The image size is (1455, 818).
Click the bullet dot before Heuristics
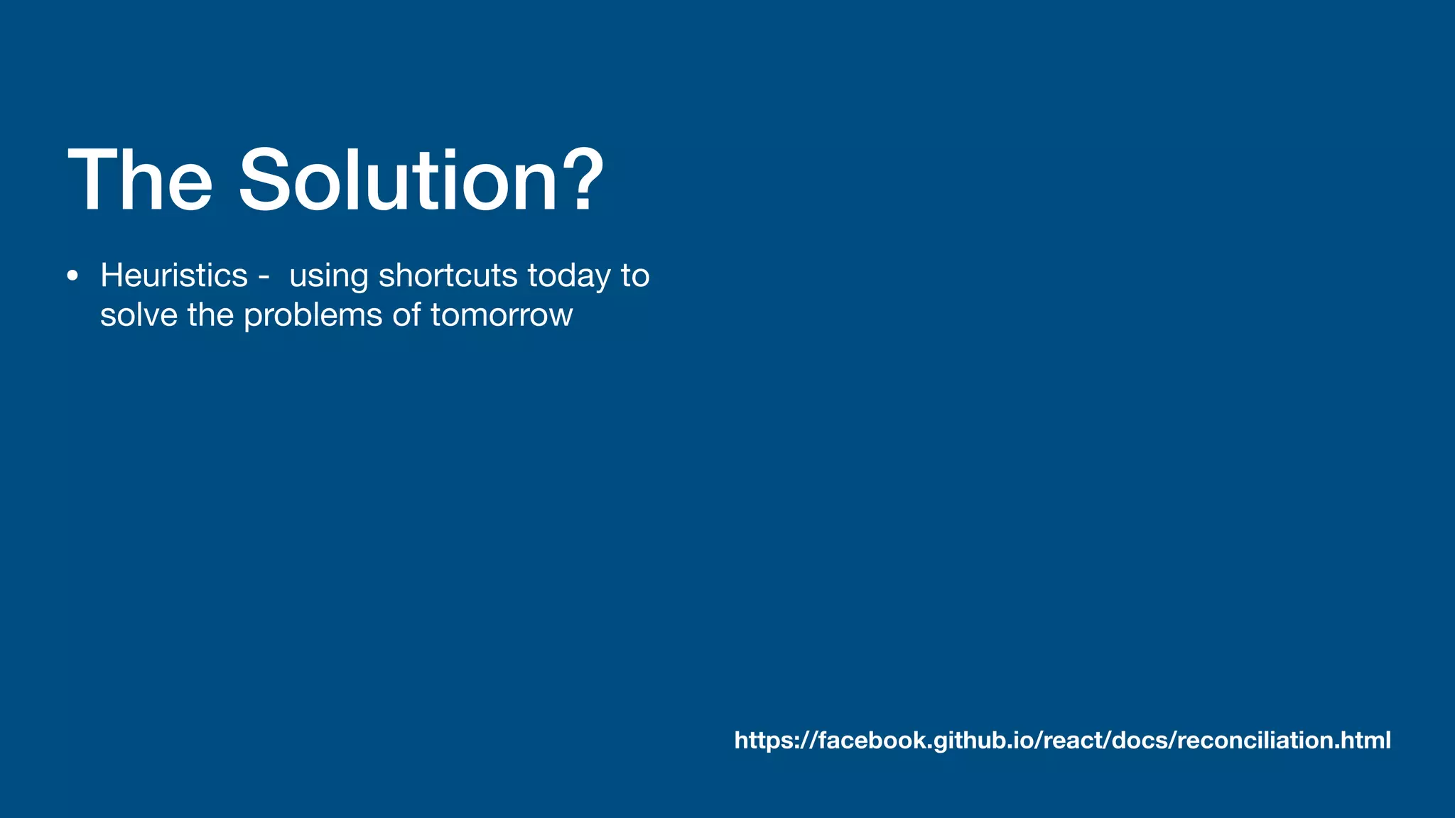(72, 276)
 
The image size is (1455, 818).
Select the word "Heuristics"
(174, 276)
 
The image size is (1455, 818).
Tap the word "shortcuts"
(448, 276)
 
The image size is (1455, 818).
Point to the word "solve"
(139, 315)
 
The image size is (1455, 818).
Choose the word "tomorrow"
(501, 315)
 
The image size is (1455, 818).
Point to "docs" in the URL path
(1140, 740)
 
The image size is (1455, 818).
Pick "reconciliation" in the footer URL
(1254, 740)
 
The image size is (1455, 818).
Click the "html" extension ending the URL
(1366, 740)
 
